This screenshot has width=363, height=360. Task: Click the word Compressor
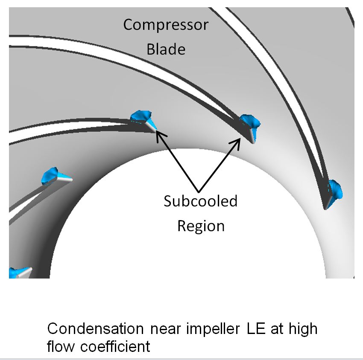pyautogui.click(x=166, y=25)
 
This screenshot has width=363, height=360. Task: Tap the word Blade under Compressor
pyautogui.click(x=166, y=49)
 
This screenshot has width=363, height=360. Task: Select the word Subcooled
pyautogui.click(x=200, y=201)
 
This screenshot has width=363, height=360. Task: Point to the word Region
pyautogui.click(x=201, y=225)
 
